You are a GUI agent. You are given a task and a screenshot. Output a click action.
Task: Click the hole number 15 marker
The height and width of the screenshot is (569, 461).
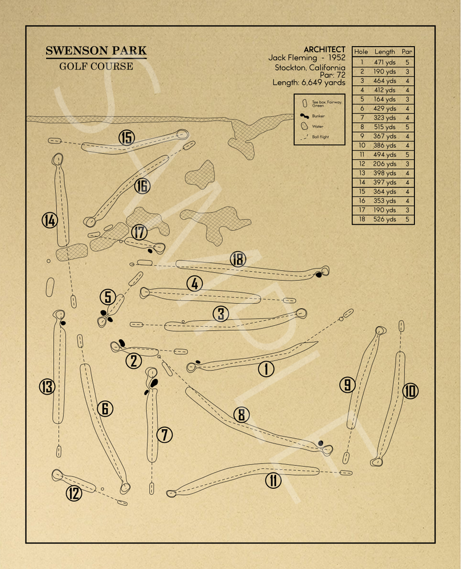tap(127, 137)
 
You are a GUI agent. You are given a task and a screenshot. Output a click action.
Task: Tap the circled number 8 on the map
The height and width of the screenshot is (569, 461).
tap(241, 414)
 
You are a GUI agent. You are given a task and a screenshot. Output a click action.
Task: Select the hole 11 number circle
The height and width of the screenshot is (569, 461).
tap(273, 480)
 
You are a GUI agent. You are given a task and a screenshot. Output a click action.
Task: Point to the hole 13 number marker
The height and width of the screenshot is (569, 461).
tap(46, 386)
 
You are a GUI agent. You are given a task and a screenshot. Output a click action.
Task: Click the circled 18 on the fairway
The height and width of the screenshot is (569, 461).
tap(238, 259)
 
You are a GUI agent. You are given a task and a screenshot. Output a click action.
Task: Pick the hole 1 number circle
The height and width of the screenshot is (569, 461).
tap(266, 368)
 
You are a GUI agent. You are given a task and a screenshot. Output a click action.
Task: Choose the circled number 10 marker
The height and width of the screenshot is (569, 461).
tap(411, 391)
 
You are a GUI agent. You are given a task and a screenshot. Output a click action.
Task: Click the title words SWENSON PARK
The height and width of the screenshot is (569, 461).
tap(96, 51)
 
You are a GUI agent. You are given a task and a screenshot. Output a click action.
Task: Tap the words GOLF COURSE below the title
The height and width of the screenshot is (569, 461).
tap(96, 67)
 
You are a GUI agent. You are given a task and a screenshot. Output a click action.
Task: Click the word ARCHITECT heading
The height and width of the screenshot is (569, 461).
tap(324, 49)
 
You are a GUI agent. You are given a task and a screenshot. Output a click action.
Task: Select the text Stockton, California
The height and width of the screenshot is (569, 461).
tap(310, 67)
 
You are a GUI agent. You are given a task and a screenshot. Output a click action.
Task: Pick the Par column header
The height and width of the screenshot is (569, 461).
tap(407, 52)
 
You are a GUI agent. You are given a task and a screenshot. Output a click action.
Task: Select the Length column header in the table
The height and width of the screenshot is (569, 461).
tap(384, 52)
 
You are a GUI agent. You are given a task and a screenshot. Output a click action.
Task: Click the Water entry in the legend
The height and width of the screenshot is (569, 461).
tap(317, 126)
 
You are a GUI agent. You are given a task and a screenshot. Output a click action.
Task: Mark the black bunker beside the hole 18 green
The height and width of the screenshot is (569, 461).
tap(319, 275)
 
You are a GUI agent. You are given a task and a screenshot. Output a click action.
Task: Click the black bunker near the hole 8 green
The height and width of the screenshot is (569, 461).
tap(321, 443)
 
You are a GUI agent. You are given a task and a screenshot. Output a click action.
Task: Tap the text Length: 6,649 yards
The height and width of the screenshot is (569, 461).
tap(309, 82)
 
